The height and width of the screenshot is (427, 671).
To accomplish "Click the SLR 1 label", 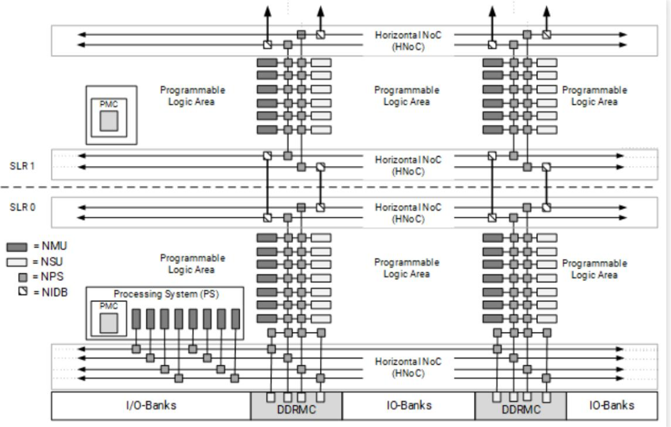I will tap(22, 167).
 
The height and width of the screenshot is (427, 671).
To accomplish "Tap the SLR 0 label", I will tap(22, 207).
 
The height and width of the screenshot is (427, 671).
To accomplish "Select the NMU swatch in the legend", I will tap(17, 247).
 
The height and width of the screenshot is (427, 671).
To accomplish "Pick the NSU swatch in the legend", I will tap(17, 262).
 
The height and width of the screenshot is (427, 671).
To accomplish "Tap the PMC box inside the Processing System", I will tap(109, 319).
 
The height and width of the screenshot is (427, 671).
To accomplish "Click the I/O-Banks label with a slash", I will tap(150, 405).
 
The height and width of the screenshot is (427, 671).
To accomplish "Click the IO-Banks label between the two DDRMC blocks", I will tap(408, 405).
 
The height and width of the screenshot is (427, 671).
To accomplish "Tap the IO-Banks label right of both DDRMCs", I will tap(611, 405).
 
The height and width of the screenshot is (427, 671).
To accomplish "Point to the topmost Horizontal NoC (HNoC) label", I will tap(408, 41).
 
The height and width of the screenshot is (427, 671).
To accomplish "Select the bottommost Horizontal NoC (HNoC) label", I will tap(408, 367).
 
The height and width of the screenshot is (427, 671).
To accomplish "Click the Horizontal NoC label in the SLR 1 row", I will tap(408, 165).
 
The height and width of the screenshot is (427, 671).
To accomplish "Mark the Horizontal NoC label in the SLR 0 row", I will tap(408, 213).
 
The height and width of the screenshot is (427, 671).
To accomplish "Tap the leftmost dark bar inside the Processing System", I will tap(136, 319).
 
